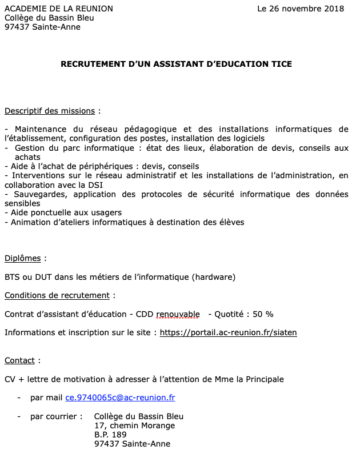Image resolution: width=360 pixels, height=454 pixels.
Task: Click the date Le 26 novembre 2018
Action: click(x=301, y=9)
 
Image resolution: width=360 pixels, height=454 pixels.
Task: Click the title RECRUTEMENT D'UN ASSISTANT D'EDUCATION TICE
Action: click(x=176, y=64)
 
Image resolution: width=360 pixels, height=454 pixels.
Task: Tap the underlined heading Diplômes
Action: click(x=23, y=259)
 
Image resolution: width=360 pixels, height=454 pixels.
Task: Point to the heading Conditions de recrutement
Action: click(x=57, y=296)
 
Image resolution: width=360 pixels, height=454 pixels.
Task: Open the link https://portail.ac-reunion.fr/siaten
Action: click(x=228, y=332)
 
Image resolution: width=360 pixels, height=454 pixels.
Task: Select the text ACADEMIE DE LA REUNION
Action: click(x=59, y=9)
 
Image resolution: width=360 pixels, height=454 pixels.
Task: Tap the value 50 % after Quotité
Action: click(x=263, y=314)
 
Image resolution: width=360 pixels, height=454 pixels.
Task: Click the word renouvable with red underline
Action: click(x=178, y=314)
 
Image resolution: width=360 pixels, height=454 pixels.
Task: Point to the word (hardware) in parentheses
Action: click(x=214, y=278)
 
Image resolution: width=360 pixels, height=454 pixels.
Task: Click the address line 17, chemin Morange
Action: click(x=134, y=425)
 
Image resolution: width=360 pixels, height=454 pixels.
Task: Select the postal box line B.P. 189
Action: click(x=111, y=435)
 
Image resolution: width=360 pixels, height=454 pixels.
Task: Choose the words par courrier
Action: click(x=54, y=416)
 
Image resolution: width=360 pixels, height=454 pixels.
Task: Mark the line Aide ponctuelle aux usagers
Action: click(x=66, y=212)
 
